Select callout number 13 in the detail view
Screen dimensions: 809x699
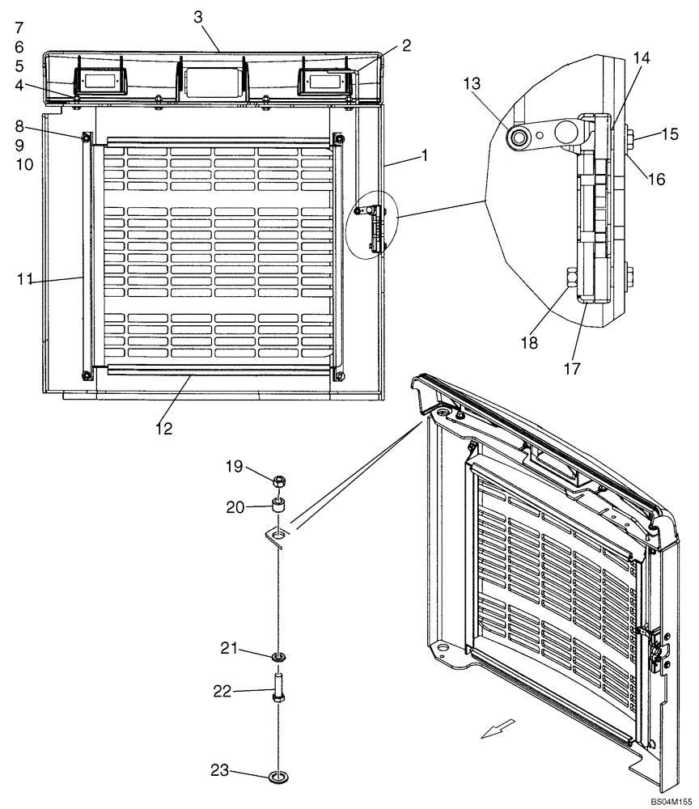pyautogui.click(x=472, y=83)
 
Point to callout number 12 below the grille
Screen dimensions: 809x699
pyautogui.click(x=164, y=429)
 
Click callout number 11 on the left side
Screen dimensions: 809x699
pyautogui.click(x=25, y=279)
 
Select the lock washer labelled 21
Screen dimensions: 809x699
pyautogui.click(x=277, y=655)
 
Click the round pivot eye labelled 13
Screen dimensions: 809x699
pyautogui.click(x=515, y=138)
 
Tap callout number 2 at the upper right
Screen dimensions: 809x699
pyautogui.click(x=405, y=46)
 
